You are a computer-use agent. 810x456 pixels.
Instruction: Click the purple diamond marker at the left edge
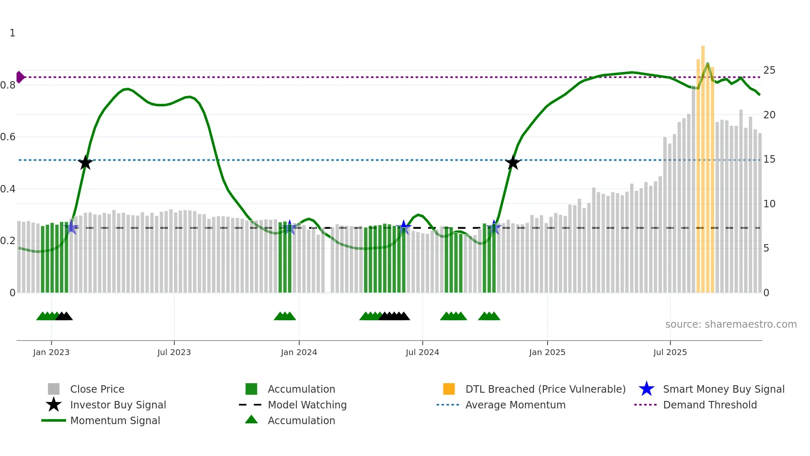point(20,77)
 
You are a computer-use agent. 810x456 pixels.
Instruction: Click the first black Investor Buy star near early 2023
point(85,163)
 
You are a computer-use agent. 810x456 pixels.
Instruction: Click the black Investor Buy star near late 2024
point(512,163)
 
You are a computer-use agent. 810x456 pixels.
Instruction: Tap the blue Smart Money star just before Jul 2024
point(404,227)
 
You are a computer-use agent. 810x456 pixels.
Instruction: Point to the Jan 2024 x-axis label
point(299,352)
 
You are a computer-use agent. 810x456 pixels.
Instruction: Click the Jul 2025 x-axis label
point(670,352)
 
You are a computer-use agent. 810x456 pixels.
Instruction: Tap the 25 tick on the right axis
point(769,70)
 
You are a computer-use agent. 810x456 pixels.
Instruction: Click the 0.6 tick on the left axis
point(8,137)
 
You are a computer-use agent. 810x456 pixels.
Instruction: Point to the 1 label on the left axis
point(12,33)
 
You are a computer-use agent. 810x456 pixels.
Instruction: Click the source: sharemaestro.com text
point(731,324)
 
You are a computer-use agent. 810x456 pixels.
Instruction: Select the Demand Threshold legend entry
point(710,405)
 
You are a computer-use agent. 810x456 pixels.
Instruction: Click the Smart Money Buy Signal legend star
point(646,389)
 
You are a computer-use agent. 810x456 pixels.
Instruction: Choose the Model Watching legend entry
point(307,405)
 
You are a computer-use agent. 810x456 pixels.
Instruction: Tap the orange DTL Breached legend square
point(449,389)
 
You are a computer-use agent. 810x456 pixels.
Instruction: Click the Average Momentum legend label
point(515,405)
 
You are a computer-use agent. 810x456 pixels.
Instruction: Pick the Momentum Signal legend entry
point(115,420)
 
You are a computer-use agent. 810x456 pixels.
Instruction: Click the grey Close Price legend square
point(54,389)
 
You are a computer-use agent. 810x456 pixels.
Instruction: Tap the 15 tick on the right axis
point(769,159)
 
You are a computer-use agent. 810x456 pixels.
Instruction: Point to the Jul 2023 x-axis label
point(174,352)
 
